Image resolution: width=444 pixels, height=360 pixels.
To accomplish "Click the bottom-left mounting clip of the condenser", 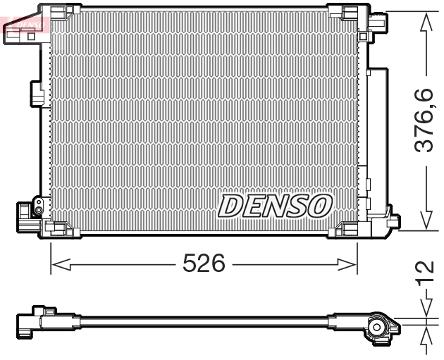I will pos(57,228).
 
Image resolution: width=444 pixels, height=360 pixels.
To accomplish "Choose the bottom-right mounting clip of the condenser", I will pos(350,228).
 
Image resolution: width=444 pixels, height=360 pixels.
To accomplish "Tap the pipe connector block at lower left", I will pos(30,212).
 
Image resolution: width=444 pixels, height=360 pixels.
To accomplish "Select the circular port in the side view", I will pos(378,325).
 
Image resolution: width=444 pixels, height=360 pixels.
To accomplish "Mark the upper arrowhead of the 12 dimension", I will pos(425,310).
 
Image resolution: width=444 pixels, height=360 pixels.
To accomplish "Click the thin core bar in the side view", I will pos(204,322).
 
